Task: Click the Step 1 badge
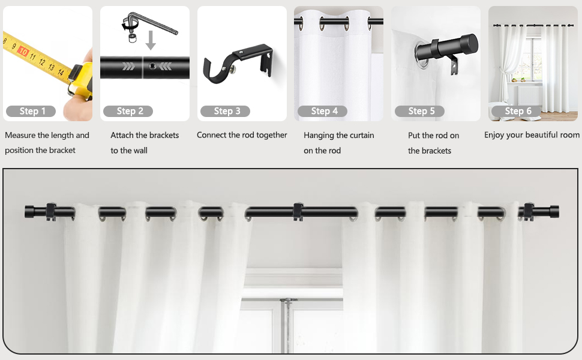click(31, 111)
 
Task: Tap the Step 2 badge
click(128, 111)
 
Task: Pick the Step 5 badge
click(419, 111)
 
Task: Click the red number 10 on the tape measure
click(23, 52)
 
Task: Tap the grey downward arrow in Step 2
click(151, 40)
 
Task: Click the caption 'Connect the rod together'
click(242, 135)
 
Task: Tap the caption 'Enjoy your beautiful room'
click(532, 135)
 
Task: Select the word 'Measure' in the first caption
click(20, 135)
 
